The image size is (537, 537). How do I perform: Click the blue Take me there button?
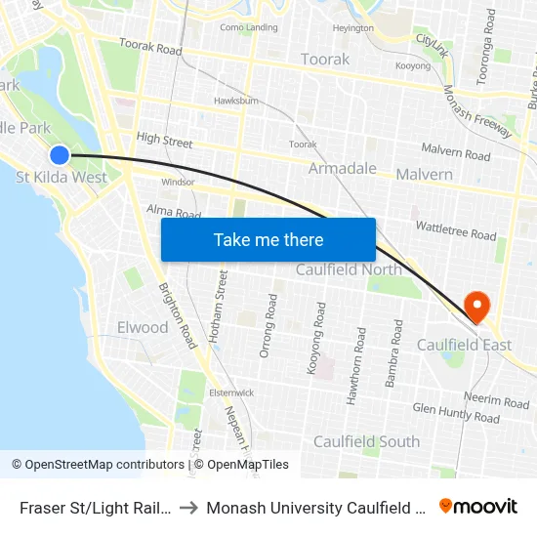(x=268, y=239)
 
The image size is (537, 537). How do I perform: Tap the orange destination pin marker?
(x=477, y=307)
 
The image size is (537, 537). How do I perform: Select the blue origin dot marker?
(x=60, y=154)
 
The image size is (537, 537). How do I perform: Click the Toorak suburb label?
(x=325, y=60)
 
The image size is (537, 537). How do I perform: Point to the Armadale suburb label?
(x=343, y=169)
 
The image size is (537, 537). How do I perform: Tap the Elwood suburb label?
(x=143, y=327)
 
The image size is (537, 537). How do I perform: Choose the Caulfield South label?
(x=366, y=441)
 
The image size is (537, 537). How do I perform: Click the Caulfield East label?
(x=464, y=345)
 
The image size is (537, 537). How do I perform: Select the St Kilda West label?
(x=62, y=178)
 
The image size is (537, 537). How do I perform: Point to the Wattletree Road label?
(x=455, y=231)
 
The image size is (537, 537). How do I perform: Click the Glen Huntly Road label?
(x=456, y=413)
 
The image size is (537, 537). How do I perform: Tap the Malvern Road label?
(x=456, y=151)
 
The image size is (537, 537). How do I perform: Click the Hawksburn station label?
(x=235, y=101)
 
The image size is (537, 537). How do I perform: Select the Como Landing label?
(x=249, y=27)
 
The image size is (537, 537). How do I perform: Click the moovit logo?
(x=477, y=507)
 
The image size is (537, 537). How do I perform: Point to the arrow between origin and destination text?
(x=188, y=508)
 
